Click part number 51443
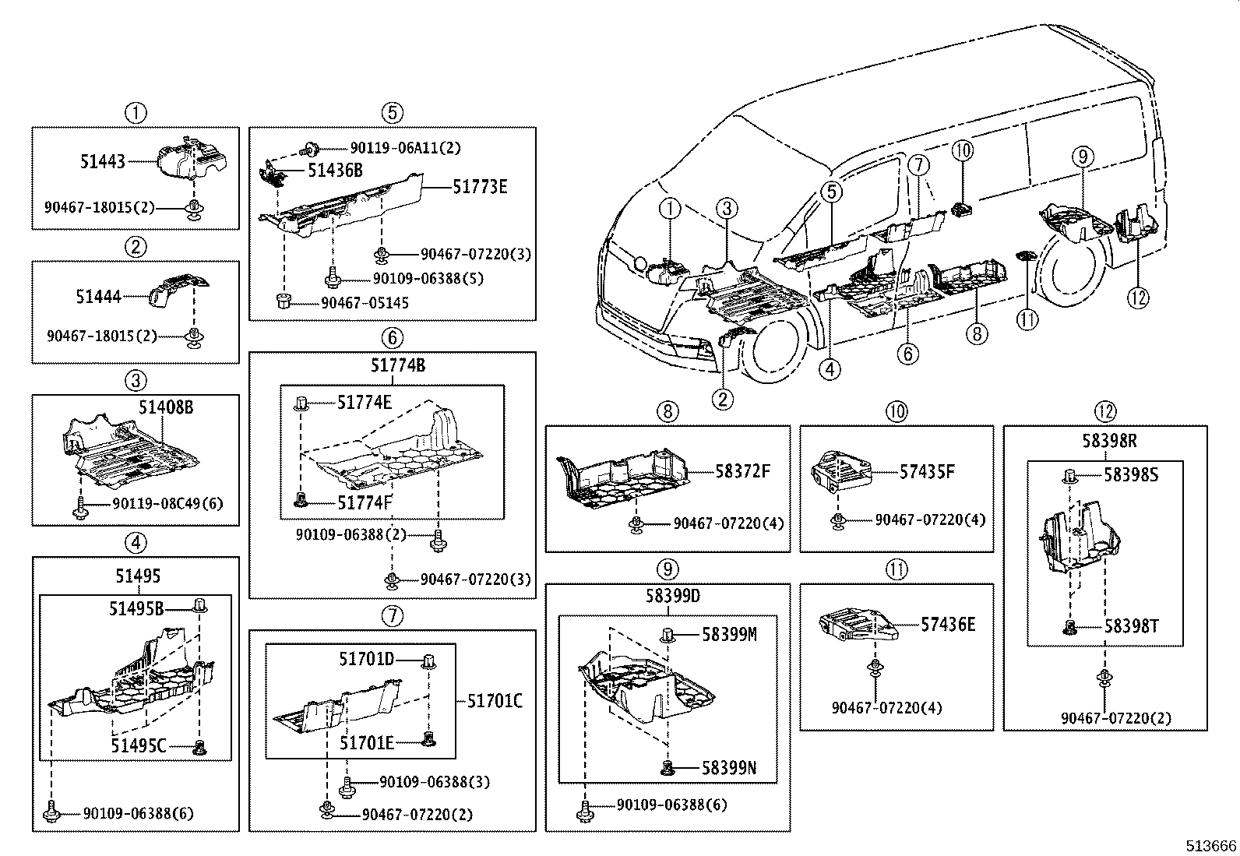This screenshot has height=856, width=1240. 102,162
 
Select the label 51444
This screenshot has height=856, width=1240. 98,297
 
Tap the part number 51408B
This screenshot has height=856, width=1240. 166,407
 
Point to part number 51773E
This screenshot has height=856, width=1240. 480,187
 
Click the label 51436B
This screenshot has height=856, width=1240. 335,170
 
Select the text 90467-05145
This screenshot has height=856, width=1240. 365,303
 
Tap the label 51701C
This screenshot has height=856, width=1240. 495,701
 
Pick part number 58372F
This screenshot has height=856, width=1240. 742,470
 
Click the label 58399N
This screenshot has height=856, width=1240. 728,769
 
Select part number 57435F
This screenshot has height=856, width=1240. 927,471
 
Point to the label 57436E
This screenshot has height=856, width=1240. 948,624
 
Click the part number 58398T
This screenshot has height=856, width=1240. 1132,625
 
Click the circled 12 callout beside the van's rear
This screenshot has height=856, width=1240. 1139,297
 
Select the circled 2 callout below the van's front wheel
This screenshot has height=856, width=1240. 722,400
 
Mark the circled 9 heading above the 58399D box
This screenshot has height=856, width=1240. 668,569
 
